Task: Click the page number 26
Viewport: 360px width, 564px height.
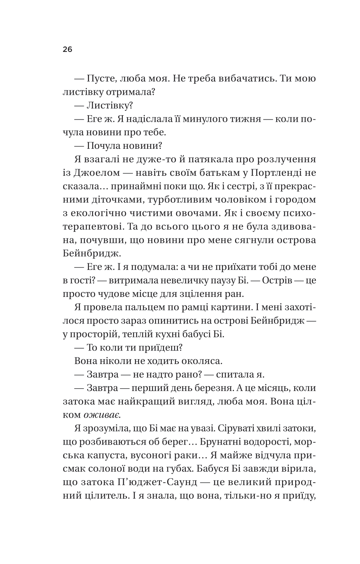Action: [67, 49]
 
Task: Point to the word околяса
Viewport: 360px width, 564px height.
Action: [198, 361]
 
